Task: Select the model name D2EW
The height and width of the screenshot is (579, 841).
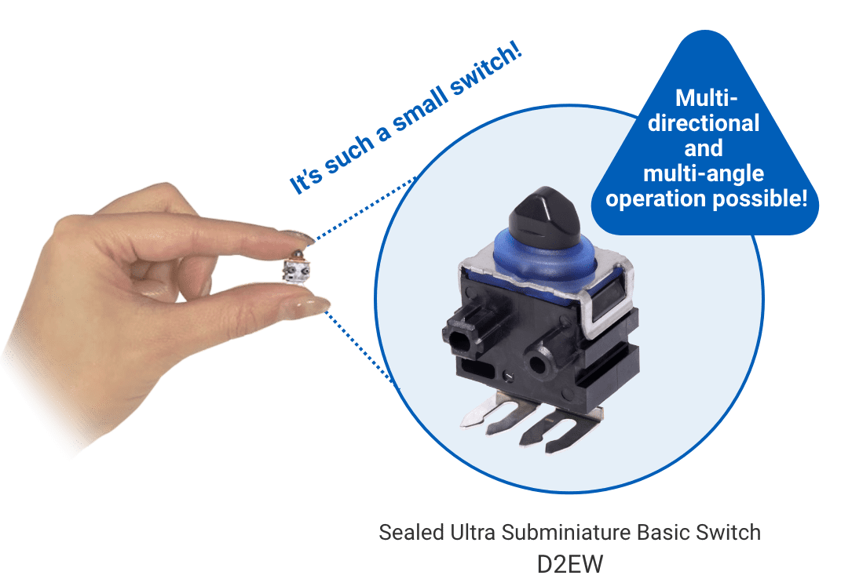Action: pyautogui.click(x=569, y=563)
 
